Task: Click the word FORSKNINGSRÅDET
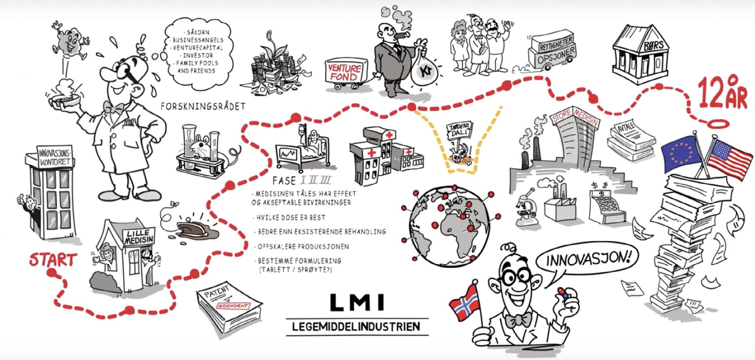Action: coord(203,106)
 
